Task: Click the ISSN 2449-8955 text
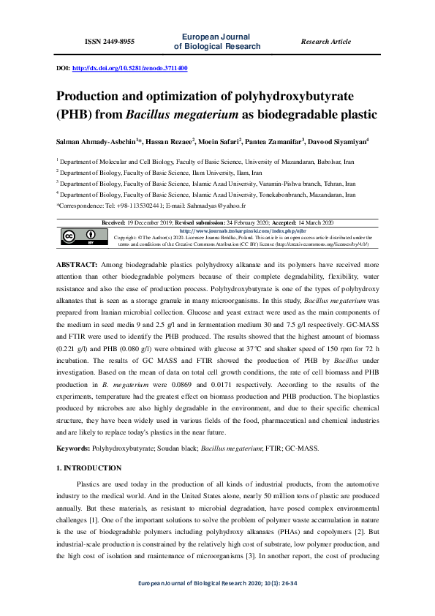point(110,42)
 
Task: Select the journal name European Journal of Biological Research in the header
point(216,42)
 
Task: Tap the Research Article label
point(325,42)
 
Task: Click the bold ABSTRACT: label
point(77,262)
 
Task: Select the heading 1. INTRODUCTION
point(89,467)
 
